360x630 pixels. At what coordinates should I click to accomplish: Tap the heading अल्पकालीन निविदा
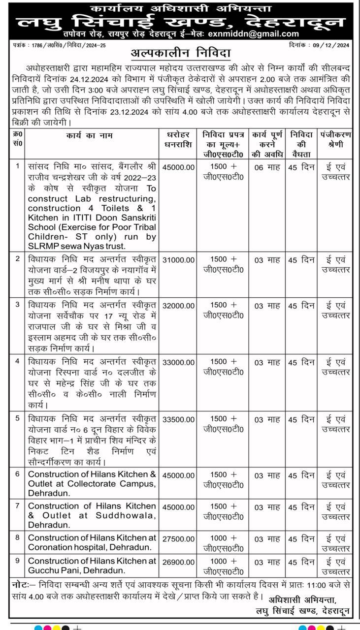180,53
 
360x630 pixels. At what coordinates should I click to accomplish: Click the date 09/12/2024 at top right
331,45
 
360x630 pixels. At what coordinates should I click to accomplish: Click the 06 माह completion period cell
267,167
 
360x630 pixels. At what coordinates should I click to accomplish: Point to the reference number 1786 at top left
37,45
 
